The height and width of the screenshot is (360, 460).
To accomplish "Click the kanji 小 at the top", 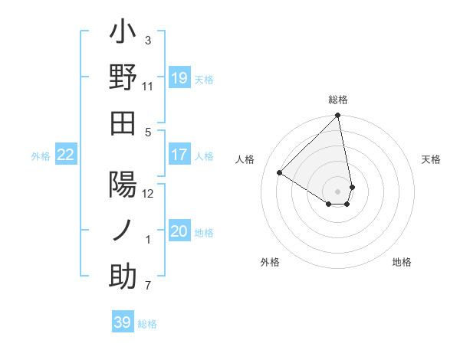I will (x=123, y=35).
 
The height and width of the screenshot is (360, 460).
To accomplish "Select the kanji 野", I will (x=123, y=78).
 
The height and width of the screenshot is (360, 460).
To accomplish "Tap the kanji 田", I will (x=123, y=122).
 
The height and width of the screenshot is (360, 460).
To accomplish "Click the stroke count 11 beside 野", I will (x=148, y=87).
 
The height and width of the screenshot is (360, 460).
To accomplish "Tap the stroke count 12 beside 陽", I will (x=148, y=193).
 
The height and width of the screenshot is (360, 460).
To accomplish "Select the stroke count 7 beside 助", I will (x=148, y=286).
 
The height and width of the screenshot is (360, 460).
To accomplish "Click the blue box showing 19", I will (x=179, y=77).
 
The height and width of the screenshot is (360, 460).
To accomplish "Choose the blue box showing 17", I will (x=179, y=155).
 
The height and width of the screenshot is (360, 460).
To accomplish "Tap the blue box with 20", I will (x=179, y=231).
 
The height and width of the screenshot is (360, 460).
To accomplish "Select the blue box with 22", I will (x=66, y=155).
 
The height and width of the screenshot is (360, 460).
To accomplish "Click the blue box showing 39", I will (x=123, y=322).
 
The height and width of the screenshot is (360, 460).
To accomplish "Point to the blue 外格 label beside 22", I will (x=41, y=155).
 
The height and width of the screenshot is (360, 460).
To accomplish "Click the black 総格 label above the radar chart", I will (x=338, y=100).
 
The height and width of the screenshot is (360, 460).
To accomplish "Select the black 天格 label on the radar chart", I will (x=432, y=159).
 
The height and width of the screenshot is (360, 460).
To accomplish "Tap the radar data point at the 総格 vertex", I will (x=337, y=116).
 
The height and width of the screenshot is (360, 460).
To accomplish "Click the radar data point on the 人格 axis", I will (x=280, y=173).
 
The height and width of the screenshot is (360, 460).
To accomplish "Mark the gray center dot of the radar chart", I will (x=337, y=191).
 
